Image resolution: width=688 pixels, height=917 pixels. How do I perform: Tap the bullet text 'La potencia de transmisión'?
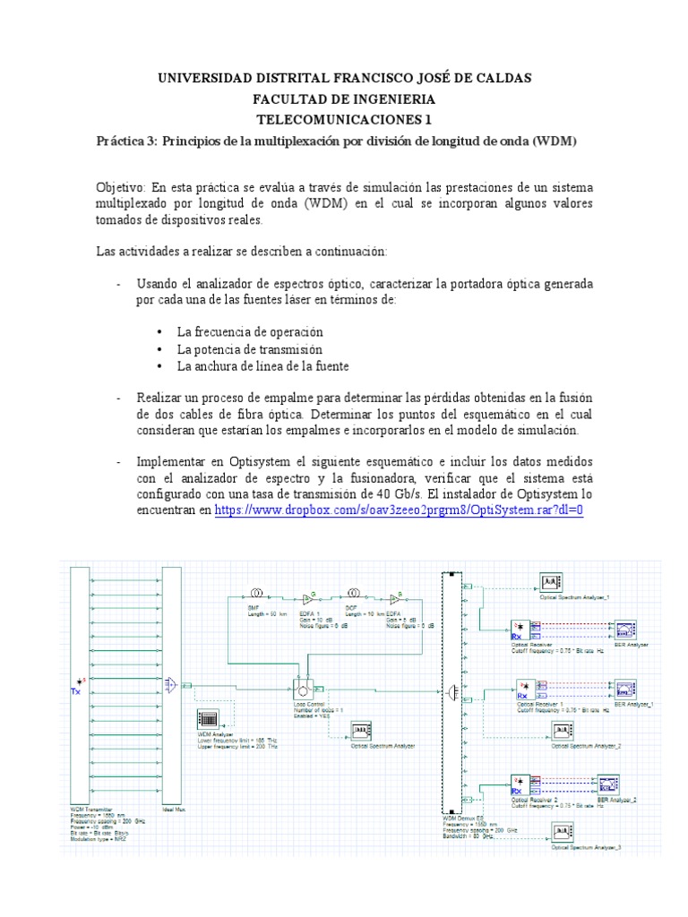[249, 349]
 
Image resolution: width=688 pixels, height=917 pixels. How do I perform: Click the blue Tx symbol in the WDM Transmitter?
[77, 691]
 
